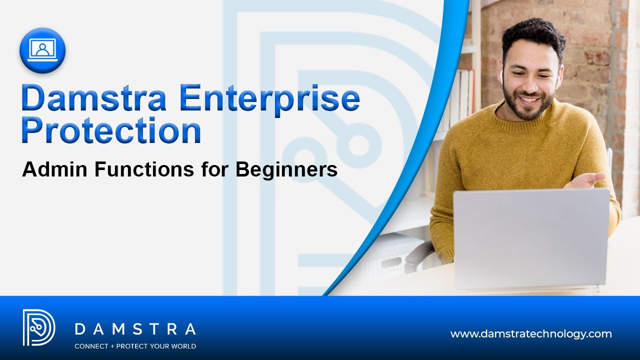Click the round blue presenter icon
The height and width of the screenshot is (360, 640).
(42, 50)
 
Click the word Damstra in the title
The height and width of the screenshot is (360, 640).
(93, 98)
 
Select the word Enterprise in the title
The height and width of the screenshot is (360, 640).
(269, 98)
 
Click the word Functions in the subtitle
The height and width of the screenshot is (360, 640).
(144, 170)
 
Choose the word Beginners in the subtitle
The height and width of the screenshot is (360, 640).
(286, 170)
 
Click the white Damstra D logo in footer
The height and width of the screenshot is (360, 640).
(38, 327)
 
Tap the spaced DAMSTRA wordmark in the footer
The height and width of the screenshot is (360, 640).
(135, 329)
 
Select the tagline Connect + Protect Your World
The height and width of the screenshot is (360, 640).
(135, 346)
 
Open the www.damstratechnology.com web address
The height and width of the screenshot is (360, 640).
(531, 333)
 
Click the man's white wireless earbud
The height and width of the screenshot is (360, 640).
(499, 76)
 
